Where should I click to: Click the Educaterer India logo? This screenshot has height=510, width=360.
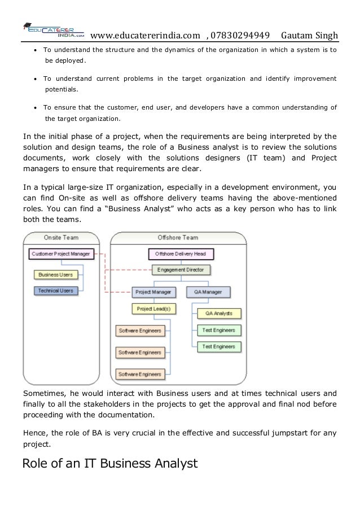click(x=53, y=30)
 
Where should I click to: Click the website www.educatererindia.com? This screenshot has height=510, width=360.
click(x=145, y=37)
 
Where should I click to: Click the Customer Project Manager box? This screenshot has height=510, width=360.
click(x=60, y=254)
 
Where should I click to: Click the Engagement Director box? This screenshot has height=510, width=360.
click(x=182, y=270)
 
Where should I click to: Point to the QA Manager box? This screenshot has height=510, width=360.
click(x=208, y=292)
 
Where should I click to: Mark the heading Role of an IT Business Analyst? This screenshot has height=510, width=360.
click(x=109, y=464)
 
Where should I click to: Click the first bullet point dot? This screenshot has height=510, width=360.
click(x=36, y=50)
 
